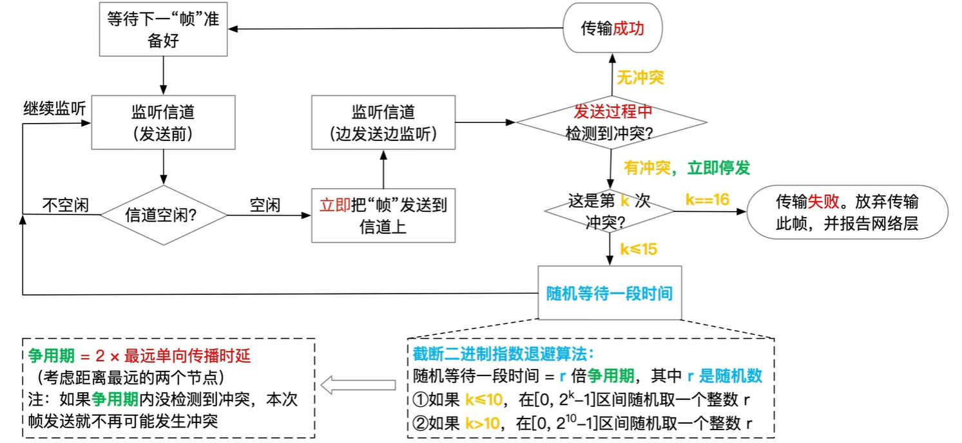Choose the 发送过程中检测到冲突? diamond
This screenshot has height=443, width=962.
tap(611, 122)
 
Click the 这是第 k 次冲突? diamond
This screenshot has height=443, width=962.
tap(609, 211)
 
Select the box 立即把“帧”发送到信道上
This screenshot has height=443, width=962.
tap(383, 215)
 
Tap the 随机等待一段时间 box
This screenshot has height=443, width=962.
tap(609, 294)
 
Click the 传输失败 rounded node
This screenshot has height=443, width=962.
tap(847, 212)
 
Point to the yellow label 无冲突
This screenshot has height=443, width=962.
tap(640, 78)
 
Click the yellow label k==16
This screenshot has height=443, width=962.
tap(707, 200)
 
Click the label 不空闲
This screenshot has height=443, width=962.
tap(65, 205)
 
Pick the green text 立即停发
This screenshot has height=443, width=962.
tap(718, 168)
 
